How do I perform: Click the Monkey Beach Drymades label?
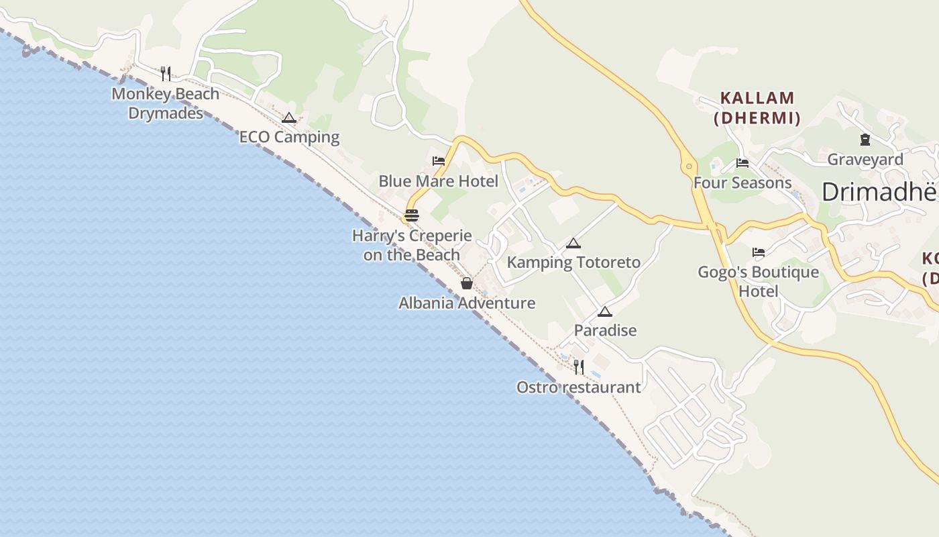click(x=166, y=103)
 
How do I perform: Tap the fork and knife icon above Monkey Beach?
click(x=166, y=73)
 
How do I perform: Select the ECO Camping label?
click(x=289, y=137)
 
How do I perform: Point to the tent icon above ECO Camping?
click(x=289, y=118)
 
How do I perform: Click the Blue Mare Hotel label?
click(x=438, y=181)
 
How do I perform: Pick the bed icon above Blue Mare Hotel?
click(x=439, y=161)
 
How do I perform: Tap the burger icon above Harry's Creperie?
click(x=412, y=215)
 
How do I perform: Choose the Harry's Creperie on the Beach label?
click(x=412, y=245)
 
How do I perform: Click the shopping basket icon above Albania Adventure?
click(x=467, y=283)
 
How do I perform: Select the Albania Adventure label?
click(x=467, y=303)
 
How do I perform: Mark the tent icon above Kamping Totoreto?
click(x=573, y=243)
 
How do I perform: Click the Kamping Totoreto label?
click(x=573, y=262)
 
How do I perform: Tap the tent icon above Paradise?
click(x=605, y=311)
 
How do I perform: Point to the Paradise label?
click(x=605, y=330)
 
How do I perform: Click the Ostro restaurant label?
click(x=578, y=387)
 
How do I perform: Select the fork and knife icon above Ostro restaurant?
click(x=579, y=367)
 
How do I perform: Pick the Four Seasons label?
click(x=742, y=183)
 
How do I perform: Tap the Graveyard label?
click(x=865, y=160)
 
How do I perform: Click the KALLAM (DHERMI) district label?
click(x=757, y=108)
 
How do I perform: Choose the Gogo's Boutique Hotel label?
click(x=758, y=281)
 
